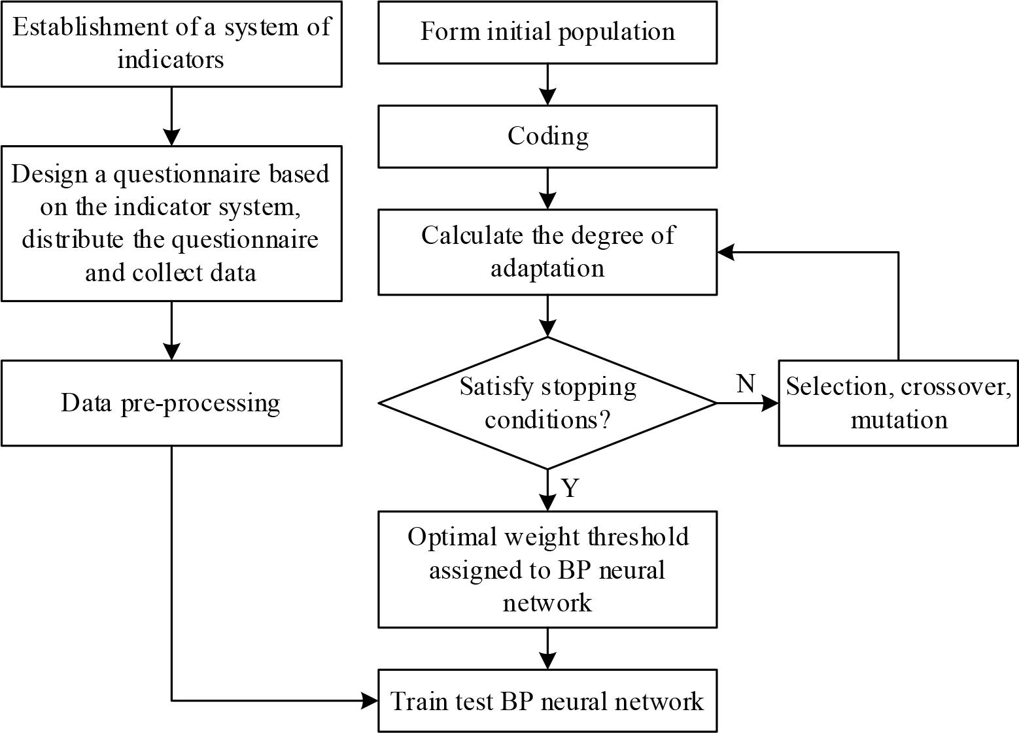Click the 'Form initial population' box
[x=547, y=32]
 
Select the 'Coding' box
[x=547, y=136]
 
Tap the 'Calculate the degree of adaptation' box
[x=547, y=252]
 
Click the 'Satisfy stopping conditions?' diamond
[x=547, y=403]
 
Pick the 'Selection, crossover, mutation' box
[x=898, y=403]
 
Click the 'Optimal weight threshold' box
[x=547, y=569]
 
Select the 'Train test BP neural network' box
[x=547, y=701]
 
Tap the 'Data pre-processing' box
[x=171, y=403]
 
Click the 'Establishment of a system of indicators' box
[x=171, y=43]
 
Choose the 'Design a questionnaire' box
[x=171, y=223]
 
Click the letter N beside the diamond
[x=746, y=384]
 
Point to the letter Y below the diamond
[x=570, y=488]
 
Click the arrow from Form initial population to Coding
[x=547, y=85]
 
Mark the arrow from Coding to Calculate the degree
[x=547, y=189]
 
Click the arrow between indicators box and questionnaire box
[x=171, y=116]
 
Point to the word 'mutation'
[x=899, y=420]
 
